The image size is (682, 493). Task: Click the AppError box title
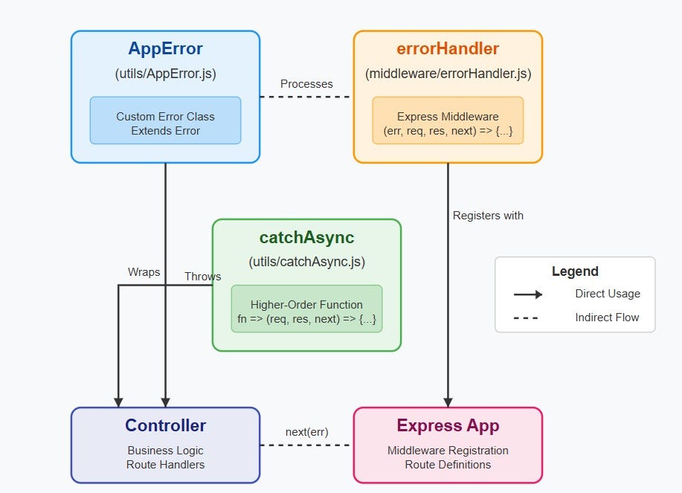[x=165, y=50]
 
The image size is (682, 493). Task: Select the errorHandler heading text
[x=448, y=50]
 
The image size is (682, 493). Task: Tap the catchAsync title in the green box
[x=306, y=238]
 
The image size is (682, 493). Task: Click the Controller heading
[x=165, y=426]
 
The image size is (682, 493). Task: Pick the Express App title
[x=448, y=426]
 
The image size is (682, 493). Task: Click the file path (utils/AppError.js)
[x=165, y=74]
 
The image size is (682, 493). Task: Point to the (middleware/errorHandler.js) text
[x=448, y=74]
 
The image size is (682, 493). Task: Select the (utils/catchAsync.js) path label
[x=306, y=262]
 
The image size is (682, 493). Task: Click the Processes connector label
[x=306, y=84]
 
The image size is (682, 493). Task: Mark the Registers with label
[x=488, y=216]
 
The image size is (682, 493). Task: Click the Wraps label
[x=144, y=272]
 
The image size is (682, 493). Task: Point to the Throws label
[x=202, y=277]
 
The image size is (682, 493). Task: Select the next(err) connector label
[x=306, y=432]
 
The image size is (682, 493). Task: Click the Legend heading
[x=575, y=271]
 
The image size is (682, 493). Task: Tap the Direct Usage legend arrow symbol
[x=528, y=294]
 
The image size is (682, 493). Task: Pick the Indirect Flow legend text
[x=607, y=318]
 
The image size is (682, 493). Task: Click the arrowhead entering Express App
[x=448, y=402]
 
